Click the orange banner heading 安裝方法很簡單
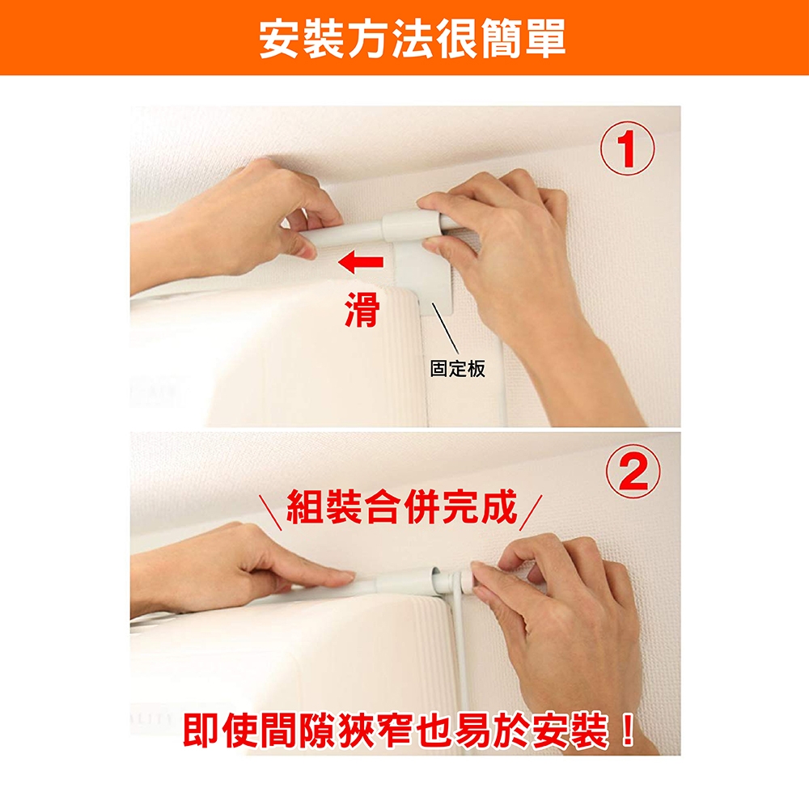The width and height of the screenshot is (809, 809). coord(413,38)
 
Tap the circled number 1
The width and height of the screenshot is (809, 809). coord(627,149)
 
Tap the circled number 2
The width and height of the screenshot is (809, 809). coord(633,472)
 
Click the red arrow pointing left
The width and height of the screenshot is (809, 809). coord(361,261)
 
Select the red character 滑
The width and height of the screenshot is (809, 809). coord(362,309)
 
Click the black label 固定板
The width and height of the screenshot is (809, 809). coord(458,368)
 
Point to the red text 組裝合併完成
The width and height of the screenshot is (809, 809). coord(402,506)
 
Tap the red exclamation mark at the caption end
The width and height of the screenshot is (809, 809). coord(628,729)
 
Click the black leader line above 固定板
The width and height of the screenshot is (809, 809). coord(445,328)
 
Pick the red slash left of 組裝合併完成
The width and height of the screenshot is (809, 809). coord(270,512)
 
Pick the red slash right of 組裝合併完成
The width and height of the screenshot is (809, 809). coord(531,512)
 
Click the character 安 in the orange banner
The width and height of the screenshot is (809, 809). coord(278,39)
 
